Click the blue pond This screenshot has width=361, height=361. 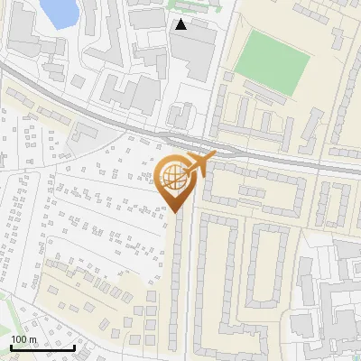(56, 11)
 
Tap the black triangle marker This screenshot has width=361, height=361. (180, 24)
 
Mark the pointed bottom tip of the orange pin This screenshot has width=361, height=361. (175, 213)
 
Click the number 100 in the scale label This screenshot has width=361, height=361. (20, 339)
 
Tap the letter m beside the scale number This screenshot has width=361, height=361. (33, 339)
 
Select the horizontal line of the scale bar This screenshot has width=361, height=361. (42, 347)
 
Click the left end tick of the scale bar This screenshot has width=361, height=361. (10, 346)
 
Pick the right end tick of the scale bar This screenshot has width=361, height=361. (74, 346)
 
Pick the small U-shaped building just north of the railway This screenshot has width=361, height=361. (181, 116)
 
